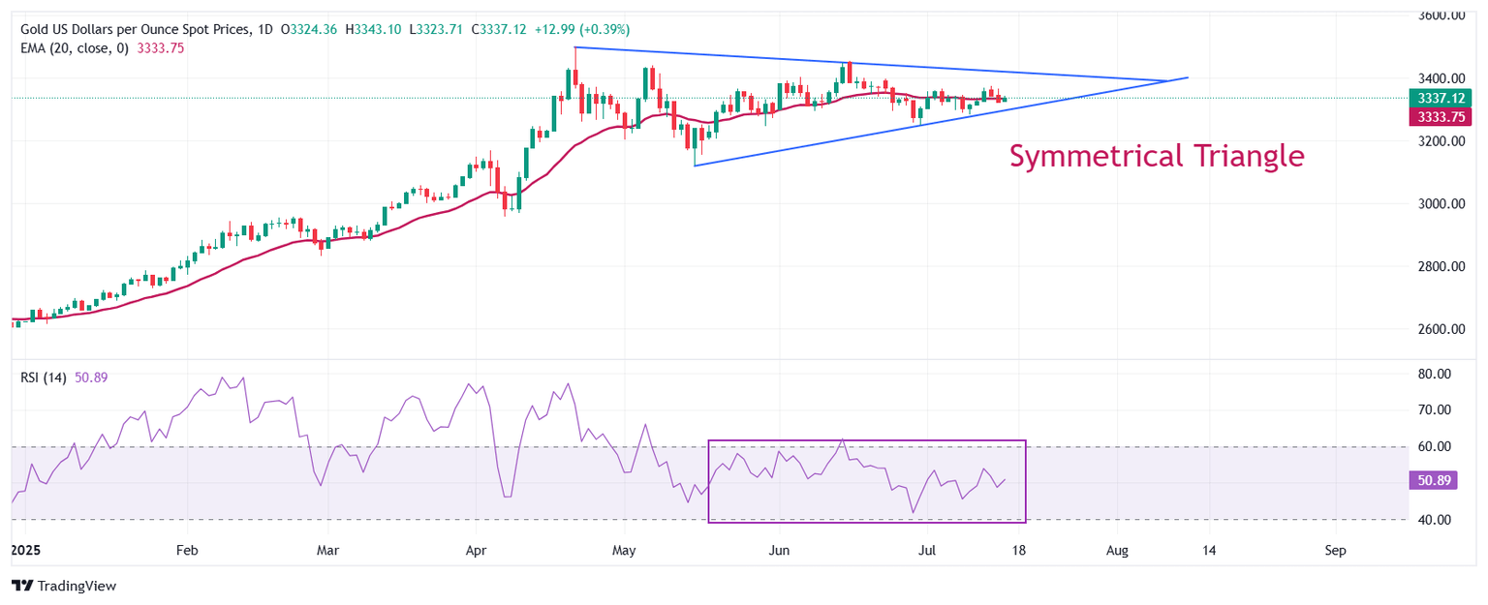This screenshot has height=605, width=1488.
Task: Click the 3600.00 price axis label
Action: pos(1440,15)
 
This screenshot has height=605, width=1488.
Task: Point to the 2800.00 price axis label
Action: pos(1440,266)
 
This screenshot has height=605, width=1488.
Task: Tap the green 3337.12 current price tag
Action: pos(1440,97)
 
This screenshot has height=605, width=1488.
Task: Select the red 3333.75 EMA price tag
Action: pos(1440,115)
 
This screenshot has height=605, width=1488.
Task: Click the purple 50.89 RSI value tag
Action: pos(1431,480)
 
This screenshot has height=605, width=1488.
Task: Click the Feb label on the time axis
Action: pos(186,551)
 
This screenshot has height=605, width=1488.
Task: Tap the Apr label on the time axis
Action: pos(476,551)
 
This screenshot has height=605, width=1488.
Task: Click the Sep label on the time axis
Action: pos(1335,551)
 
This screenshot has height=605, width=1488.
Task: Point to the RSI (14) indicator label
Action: pos(44,378)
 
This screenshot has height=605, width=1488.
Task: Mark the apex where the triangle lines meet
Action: pos(1188,77)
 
